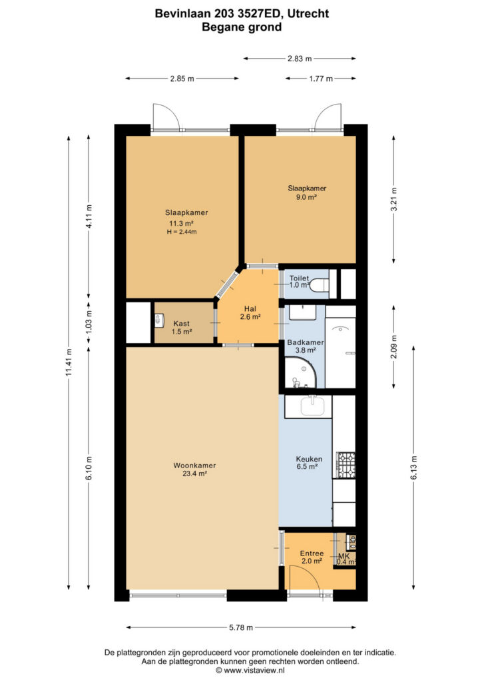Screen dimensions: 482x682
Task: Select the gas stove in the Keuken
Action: pos(346,466)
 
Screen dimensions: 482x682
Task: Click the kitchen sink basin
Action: pos(312,407)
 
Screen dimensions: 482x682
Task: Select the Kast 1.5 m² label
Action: pos(182,327)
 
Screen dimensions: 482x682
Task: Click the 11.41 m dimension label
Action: pos(68,363)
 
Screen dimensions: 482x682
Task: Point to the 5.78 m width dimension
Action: pos(241,627)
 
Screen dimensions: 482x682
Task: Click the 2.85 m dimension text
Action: pos(182,79)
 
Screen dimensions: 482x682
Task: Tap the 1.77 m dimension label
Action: pos(321,79)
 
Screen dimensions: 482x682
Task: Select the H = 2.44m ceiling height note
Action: pos(182,232)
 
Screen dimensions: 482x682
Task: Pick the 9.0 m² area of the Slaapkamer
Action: pos(306,197)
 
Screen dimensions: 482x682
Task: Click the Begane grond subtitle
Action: pos(242,27)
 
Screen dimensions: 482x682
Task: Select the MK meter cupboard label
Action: pos(344,556)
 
